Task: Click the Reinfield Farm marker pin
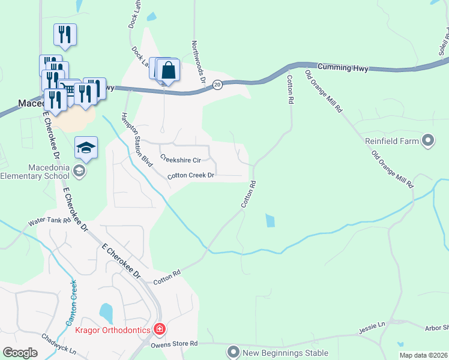click(x=427, y=142)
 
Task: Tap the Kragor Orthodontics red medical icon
click(x=159, y=329)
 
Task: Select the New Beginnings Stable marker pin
click(x=233, y=352)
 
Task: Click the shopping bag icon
click(x=169, y=71)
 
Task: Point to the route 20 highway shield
click(x=218, y=85)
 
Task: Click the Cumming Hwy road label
click(x=342, y=67)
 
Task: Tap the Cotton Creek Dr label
click(x=191, y=176)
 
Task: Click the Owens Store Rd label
click(x=173, y=343)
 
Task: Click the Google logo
click(x=20, y=352)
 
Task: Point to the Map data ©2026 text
click(x=423, y=355)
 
